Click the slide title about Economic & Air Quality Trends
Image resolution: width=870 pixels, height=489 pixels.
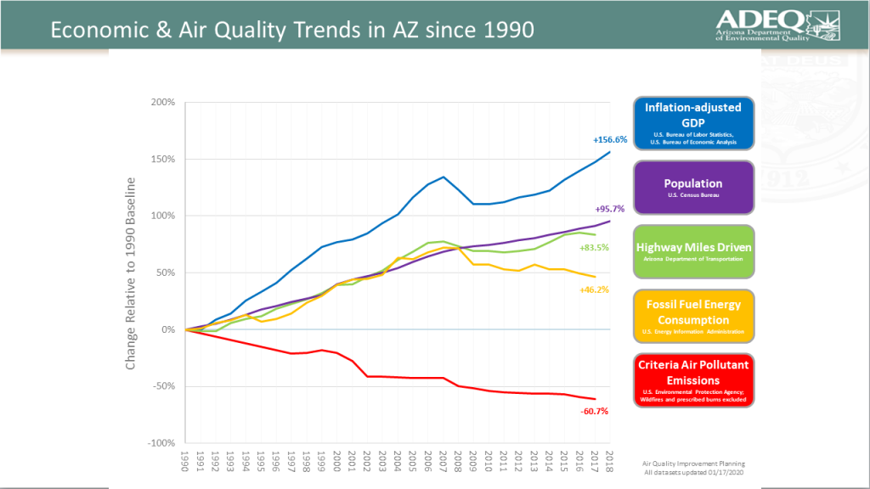[292, 30]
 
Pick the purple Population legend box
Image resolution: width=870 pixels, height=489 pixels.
[692, 188]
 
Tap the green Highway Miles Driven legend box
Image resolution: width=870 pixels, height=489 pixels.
[692, 250]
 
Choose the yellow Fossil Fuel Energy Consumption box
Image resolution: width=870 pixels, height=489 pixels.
[692, 314]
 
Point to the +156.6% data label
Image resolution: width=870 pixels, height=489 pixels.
[610, 139]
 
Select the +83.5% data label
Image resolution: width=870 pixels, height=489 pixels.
[595, 248]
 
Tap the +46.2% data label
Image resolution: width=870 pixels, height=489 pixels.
[595, 289]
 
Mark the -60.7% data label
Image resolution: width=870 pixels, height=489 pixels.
[595, 411]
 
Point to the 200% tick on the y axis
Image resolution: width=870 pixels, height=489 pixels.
[161, 102]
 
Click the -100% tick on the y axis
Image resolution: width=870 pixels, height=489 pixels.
[160, 443]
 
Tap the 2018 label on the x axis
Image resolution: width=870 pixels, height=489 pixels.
[610, 464]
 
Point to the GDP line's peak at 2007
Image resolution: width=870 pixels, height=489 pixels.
[443, 177]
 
